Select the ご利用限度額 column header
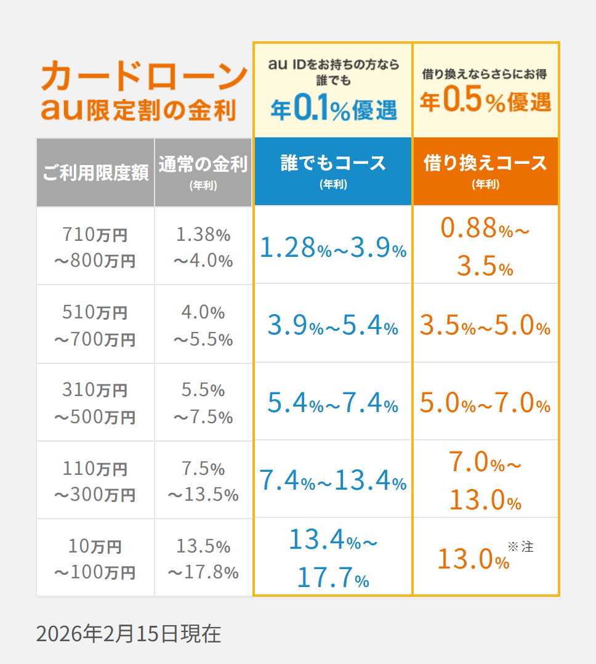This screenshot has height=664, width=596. (95, 173)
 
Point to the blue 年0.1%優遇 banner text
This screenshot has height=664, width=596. (333, 108)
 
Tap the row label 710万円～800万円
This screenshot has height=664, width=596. (95, 247)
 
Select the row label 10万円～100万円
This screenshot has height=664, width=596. (95, 559)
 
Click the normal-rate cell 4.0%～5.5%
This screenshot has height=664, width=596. (203, 325)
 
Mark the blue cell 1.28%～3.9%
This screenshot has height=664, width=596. (332, 248)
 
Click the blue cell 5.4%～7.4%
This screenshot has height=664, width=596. (332, 403)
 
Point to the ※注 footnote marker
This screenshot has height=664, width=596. (520, 546)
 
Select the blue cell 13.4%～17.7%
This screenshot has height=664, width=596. (332, 559)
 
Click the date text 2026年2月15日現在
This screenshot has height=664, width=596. (128, 633)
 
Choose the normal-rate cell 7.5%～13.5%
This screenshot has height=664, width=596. (203, 481)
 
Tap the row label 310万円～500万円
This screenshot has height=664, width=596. (95, 403)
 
